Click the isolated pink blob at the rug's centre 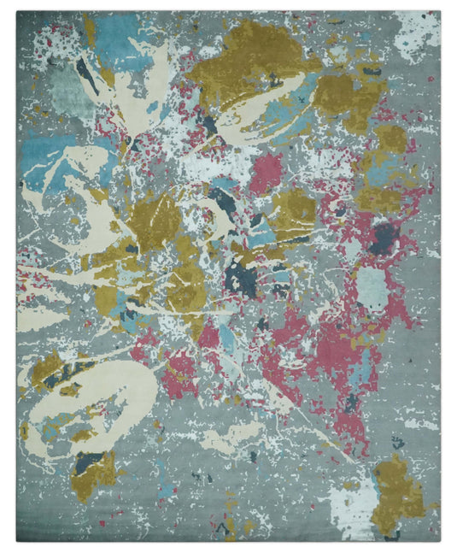(x=267, y=171)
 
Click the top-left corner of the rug (x=17, y=13)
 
